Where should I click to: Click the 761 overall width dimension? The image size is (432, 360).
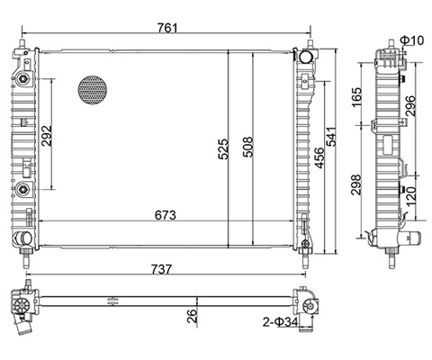click(167, 28)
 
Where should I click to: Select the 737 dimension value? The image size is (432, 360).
click(161, 269)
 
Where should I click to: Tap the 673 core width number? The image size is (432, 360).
click(166, 215)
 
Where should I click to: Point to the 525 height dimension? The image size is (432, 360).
click(223, 148)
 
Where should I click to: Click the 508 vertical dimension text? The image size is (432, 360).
click(248, 147)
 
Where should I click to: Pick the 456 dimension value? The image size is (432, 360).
click(319, 157)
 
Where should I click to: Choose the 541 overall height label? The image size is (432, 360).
click(331, 137)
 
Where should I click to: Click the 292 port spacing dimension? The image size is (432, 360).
click(47, 136)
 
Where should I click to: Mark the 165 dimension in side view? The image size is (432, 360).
click(356, 97)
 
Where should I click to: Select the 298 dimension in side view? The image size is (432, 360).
click(356, 184)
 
